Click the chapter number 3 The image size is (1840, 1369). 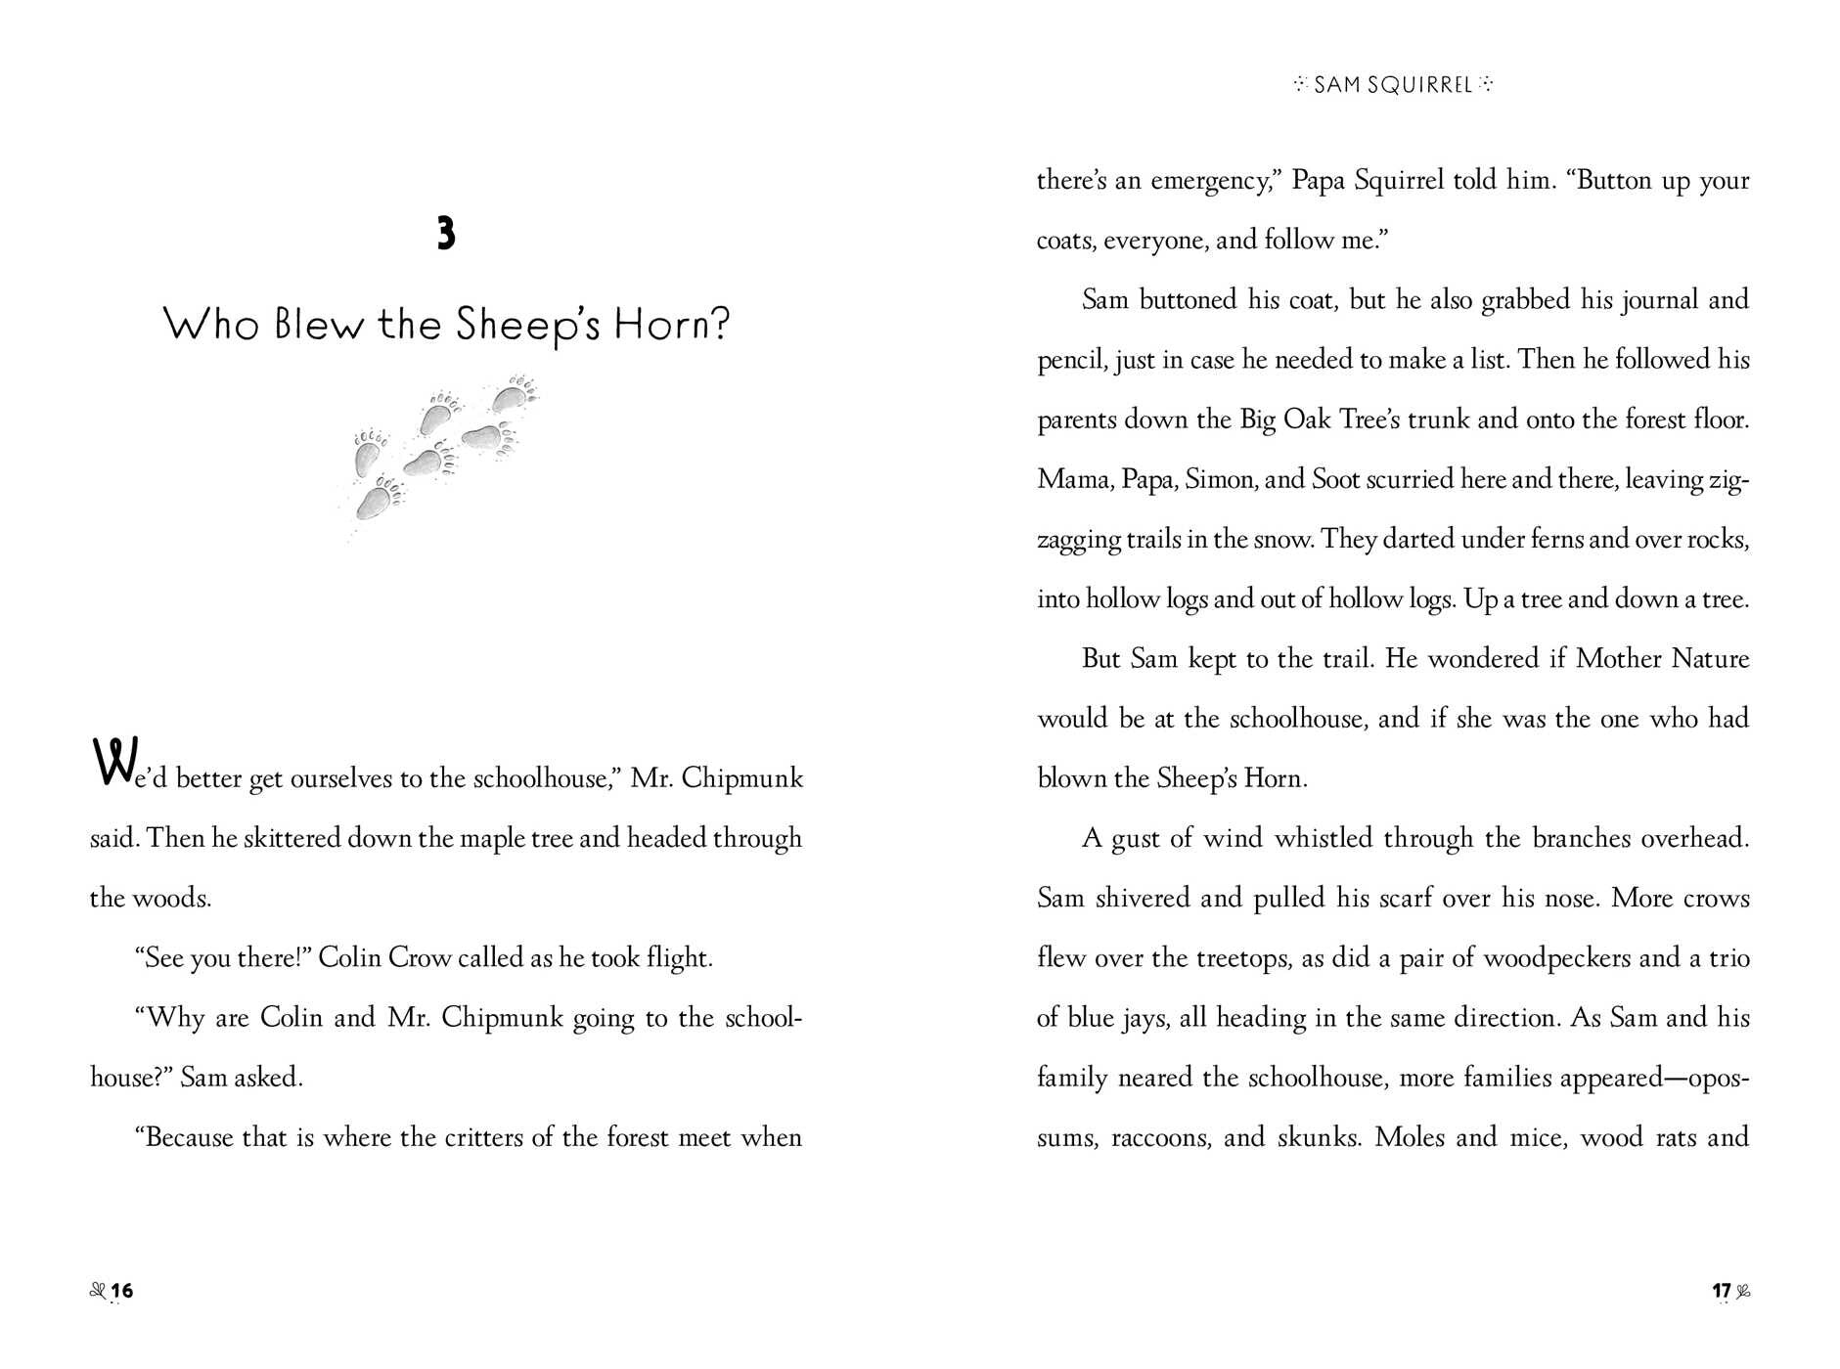[446, 235]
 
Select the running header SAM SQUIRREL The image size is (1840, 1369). [1392, 85]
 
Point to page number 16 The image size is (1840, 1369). [121, 1291]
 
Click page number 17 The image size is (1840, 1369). [1722, 1291]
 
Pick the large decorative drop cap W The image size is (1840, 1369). [110, 763]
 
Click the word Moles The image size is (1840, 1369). [1408, 1137]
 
